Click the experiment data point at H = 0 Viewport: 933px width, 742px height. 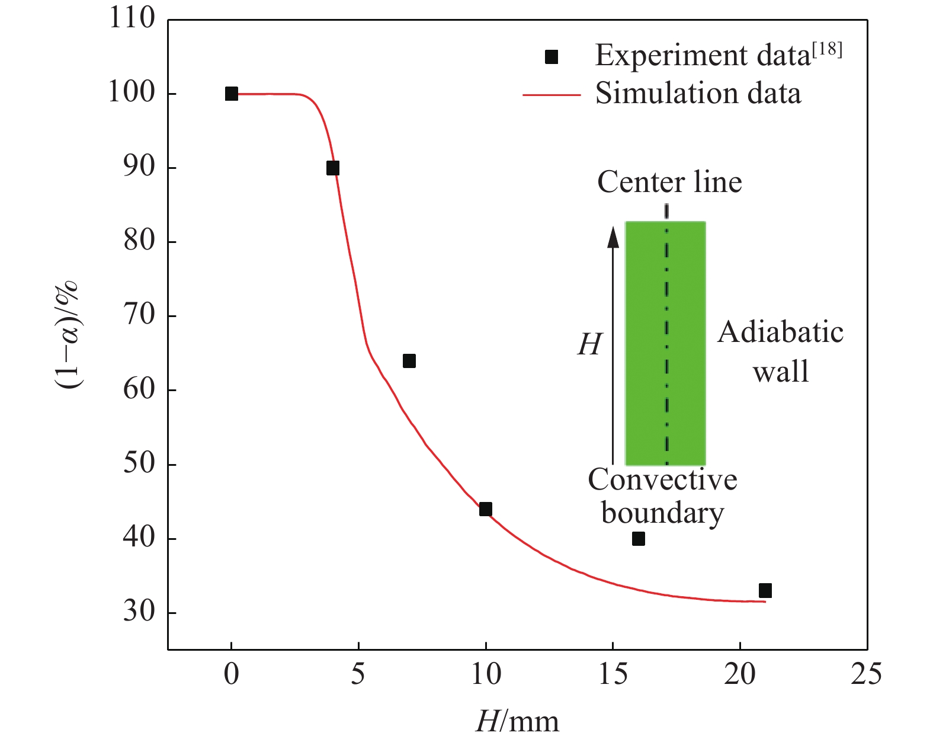tap(232, 94)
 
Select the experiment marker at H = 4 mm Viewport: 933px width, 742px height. tap(333, 168)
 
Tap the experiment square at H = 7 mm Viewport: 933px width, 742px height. tap(409, 361)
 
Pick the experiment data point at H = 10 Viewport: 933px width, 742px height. tap(486, 509)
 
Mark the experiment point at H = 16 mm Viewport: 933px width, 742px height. tap(638, 539)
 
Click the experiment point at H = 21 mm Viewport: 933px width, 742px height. tap(765, 590)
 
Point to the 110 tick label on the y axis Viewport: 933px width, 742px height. tap(131, 19)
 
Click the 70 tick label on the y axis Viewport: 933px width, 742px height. tap(139, 315)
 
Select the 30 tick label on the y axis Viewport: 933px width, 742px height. tap(139, 612)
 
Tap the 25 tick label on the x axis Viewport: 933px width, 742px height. tap(866, 674)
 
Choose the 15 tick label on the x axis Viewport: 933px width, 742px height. tap(613, 674)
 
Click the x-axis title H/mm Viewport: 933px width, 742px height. tap(517, 721)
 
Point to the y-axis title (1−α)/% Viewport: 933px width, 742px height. tap(69, 335)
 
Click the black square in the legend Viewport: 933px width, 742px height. tap(552, 57)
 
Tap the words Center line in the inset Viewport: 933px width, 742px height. tap(669, 182)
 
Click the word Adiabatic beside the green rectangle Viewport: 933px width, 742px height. tap(781, 332)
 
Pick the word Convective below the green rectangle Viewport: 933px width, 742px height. tap(662, 479)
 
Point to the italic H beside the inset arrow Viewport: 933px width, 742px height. tap(590, 344)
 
